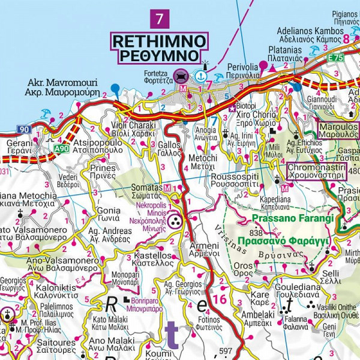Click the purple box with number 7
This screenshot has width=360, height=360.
pos(159,18)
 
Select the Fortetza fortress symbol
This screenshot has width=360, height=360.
pos(180,76)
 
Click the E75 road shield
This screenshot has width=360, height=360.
pos(353,58)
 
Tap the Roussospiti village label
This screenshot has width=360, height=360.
pos(239,182)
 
